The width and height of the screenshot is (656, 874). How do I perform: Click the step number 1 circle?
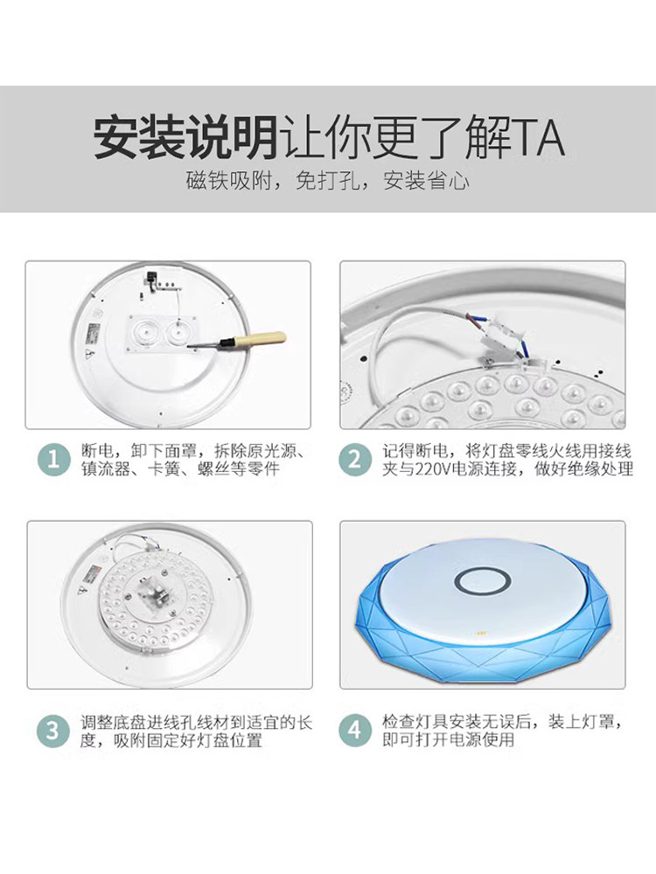tap(53, 460)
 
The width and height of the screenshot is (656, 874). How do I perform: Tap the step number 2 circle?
tap(355, 460)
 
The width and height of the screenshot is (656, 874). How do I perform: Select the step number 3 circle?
tap(53, 731)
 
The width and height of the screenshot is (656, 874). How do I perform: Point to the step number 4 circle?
tap(355, 731)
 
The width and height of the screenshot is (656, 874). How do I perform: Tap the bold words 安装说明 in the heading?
tap(185, 137)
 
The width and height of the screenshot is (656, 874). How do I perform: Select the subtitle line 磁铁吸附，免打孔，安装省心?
tap(328, 181)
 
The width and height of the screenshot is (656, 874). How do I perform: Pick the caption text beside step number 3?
tap(196, 732)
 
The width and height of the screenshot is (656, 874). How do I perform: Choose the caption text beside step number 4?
tap(501, 731)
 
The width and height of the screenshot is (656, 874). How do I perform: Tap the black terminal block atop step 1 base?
tap(151, 277)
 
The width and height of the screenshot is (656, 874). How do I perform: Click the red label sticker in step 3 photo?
tap(94, 573)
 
